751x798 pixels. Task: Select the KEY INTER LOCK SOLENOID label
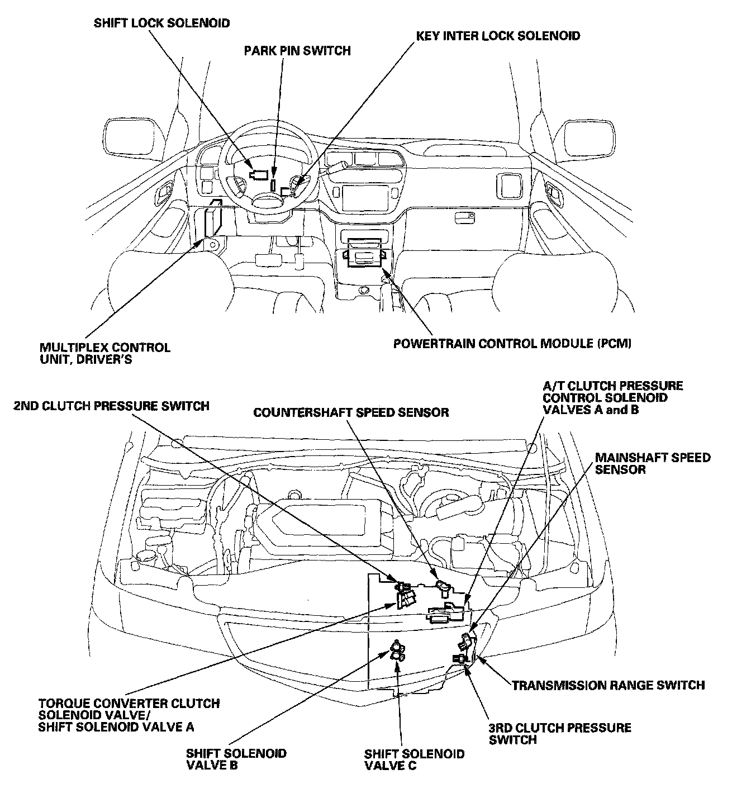click(498, 36)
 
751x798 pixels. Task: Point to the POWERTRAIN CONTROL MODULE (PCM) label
click(512, 343)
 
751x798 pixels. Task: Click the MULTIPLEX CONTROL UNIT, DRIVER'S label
click(104, 353)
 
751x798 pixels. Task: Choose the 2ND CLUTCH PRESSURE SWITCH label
click(111, 406)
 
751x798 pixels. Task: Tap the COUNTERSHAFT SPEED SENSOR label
click(351, 413)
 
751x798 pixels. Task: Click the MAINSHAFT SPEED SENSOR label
click(652, 463)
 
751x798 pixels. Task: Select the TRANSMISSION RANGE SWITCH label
click(608, 685)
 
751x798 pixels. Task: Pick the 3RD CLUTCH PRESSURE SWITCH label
click(559, 733)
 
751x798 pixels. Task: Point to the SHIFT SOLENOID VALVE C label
click(414, 759)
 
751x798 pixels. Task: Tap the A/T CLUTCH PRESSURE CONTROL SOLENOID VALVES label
click(612, 397)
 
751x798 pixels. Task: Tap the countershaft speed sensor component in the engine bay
click(442, 586)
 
